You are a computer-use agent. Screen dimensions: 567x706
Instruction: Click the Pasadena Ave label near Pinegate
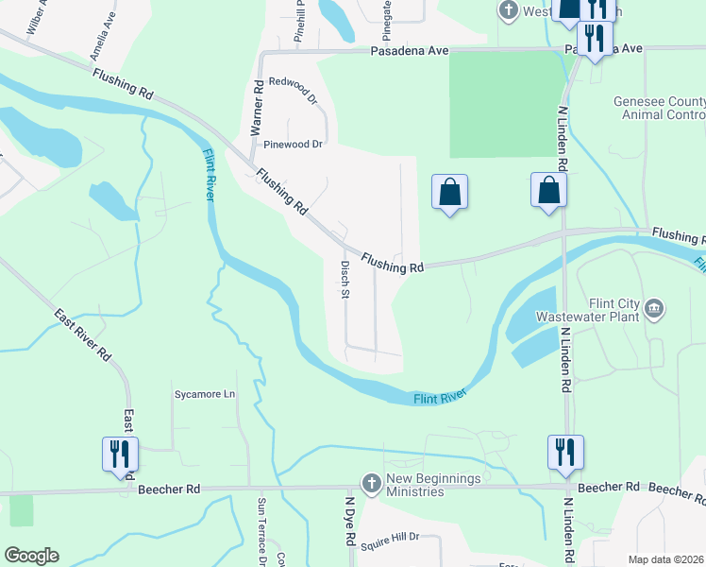click(406, 53)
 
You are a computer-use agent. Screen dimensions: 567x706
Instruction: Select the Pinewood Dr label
click(293, 145)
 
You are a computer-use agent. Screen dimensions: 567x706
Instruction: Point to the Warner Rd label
click(256, 109)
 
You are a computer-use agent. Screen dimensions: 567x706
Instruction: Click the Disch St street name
click(345, 281)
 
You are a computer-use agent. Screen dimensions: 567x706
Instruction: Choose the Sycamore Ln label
click(203, 393)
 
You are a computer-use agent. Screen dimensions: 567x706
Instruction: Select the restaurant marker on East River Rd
click(121, 453)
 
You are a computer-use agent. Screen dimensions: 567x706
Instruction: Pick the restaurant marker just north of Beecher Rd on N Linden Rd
click(565, 452)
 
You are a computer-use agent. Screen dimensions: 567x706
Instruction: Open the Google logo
click(31, 556)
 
